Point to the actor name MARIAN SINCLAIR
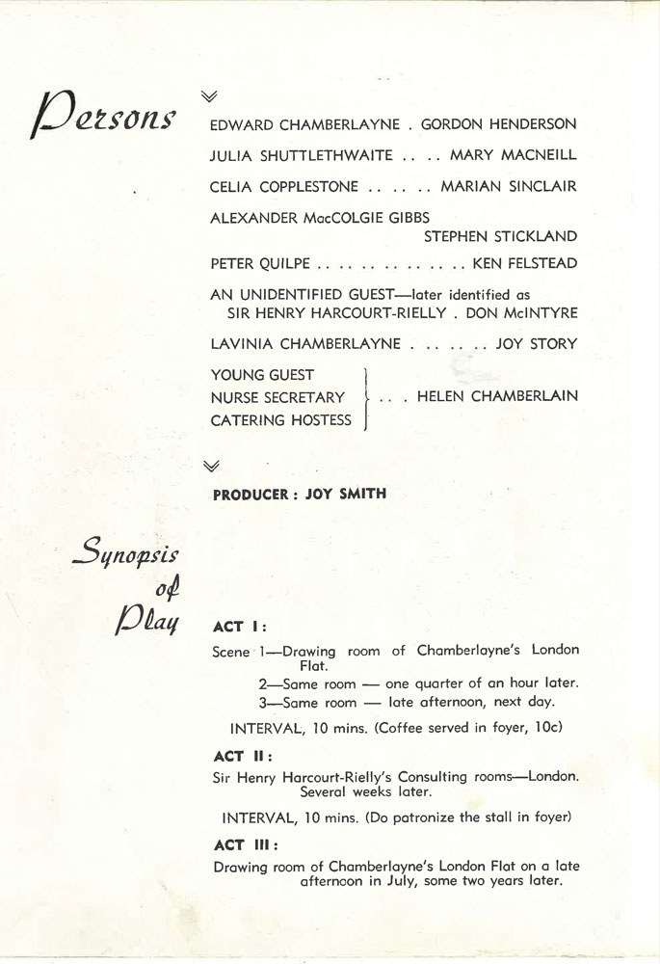click(509, 187)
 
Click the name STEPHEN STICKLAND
click(501, 237)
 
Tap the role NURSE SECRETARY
click(277, 397)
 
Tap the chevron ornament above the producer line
click(212, 467)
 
